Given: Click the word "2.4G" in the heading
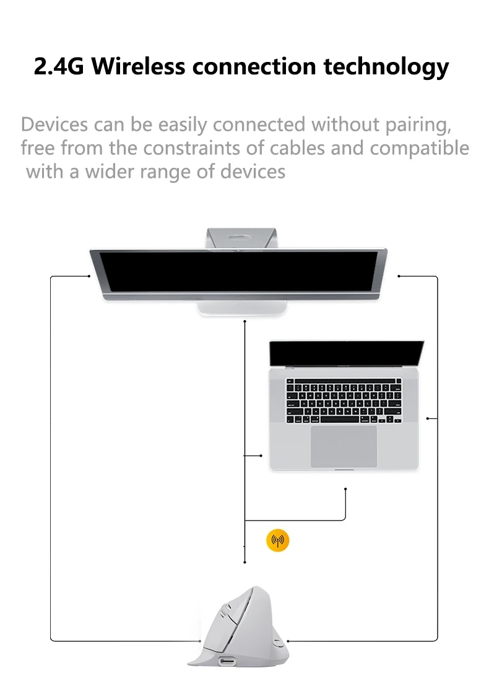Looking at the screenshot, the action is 59,66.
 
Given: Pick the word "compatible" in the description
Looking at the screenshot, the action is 420,149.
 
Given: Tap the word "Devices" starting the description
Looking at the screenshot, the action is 54,125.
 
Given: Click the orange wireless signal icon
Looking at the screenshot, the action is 277,541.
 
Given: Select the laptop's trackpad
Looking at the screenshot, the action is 344,446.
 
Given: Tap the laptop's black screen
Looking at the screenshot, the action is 346,353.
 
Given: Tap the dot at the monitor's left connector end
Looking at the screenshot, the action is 89,276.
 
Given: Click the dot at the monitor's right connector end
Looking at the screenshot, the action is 399,276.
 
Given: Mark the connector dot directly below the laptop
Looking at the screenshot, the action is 345,490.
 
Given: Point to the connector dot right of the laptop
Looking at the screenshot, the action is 428,419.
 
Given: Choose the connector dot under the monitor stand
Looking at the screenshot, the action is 245,322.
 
